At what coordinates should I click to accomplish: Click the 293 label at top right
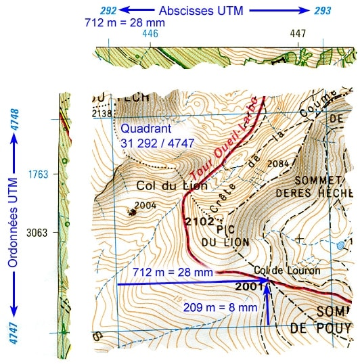tap(323, 11)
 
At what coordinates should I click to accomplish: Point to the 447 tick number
tap(298, 32)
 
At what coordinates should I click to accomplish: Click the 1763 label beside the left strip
tap(38, 175)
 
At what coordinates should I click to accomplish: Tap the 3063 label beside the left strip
tap(38, 232)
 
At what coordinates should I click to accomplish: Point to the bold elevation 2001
tap(248, 286)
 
